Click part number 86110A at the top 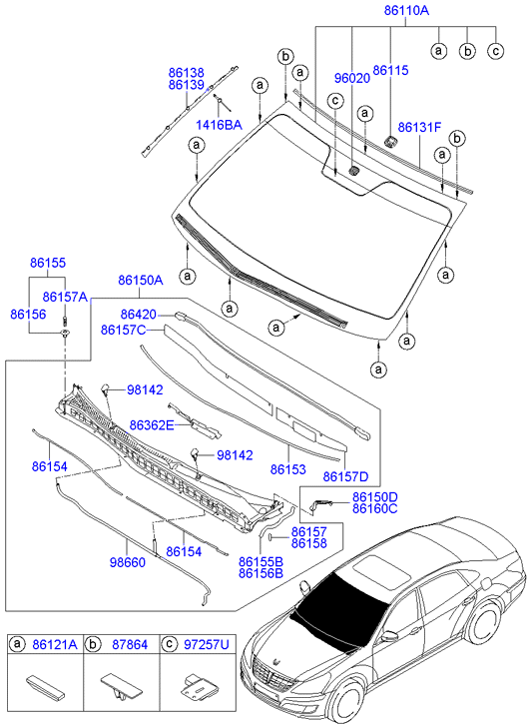(x=406, y=10)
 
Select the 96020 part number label (x=352, y=78)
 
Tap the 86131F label (x=420, y=127)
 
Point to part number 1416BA (x=219, y=125)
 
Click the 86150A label (x=141, y=281)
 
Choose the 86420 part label (x=139, y=315)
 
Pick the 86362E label (x=152, y=425)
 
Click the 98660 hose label (x=128, y=562)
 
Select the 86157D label (x=345, y=476)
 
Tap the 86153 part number (x=287, y=469)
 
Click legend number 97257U (x=207, y=644)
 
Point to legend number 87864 (x=130, y=644)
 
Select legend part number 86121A (x=55, y=644)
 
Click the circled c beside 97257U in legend (x=170, y=644)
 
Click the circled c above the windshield (x=336, y=101)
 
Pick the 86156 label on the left (x=28, y=315)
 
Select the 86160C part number (x=375, y=509)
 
